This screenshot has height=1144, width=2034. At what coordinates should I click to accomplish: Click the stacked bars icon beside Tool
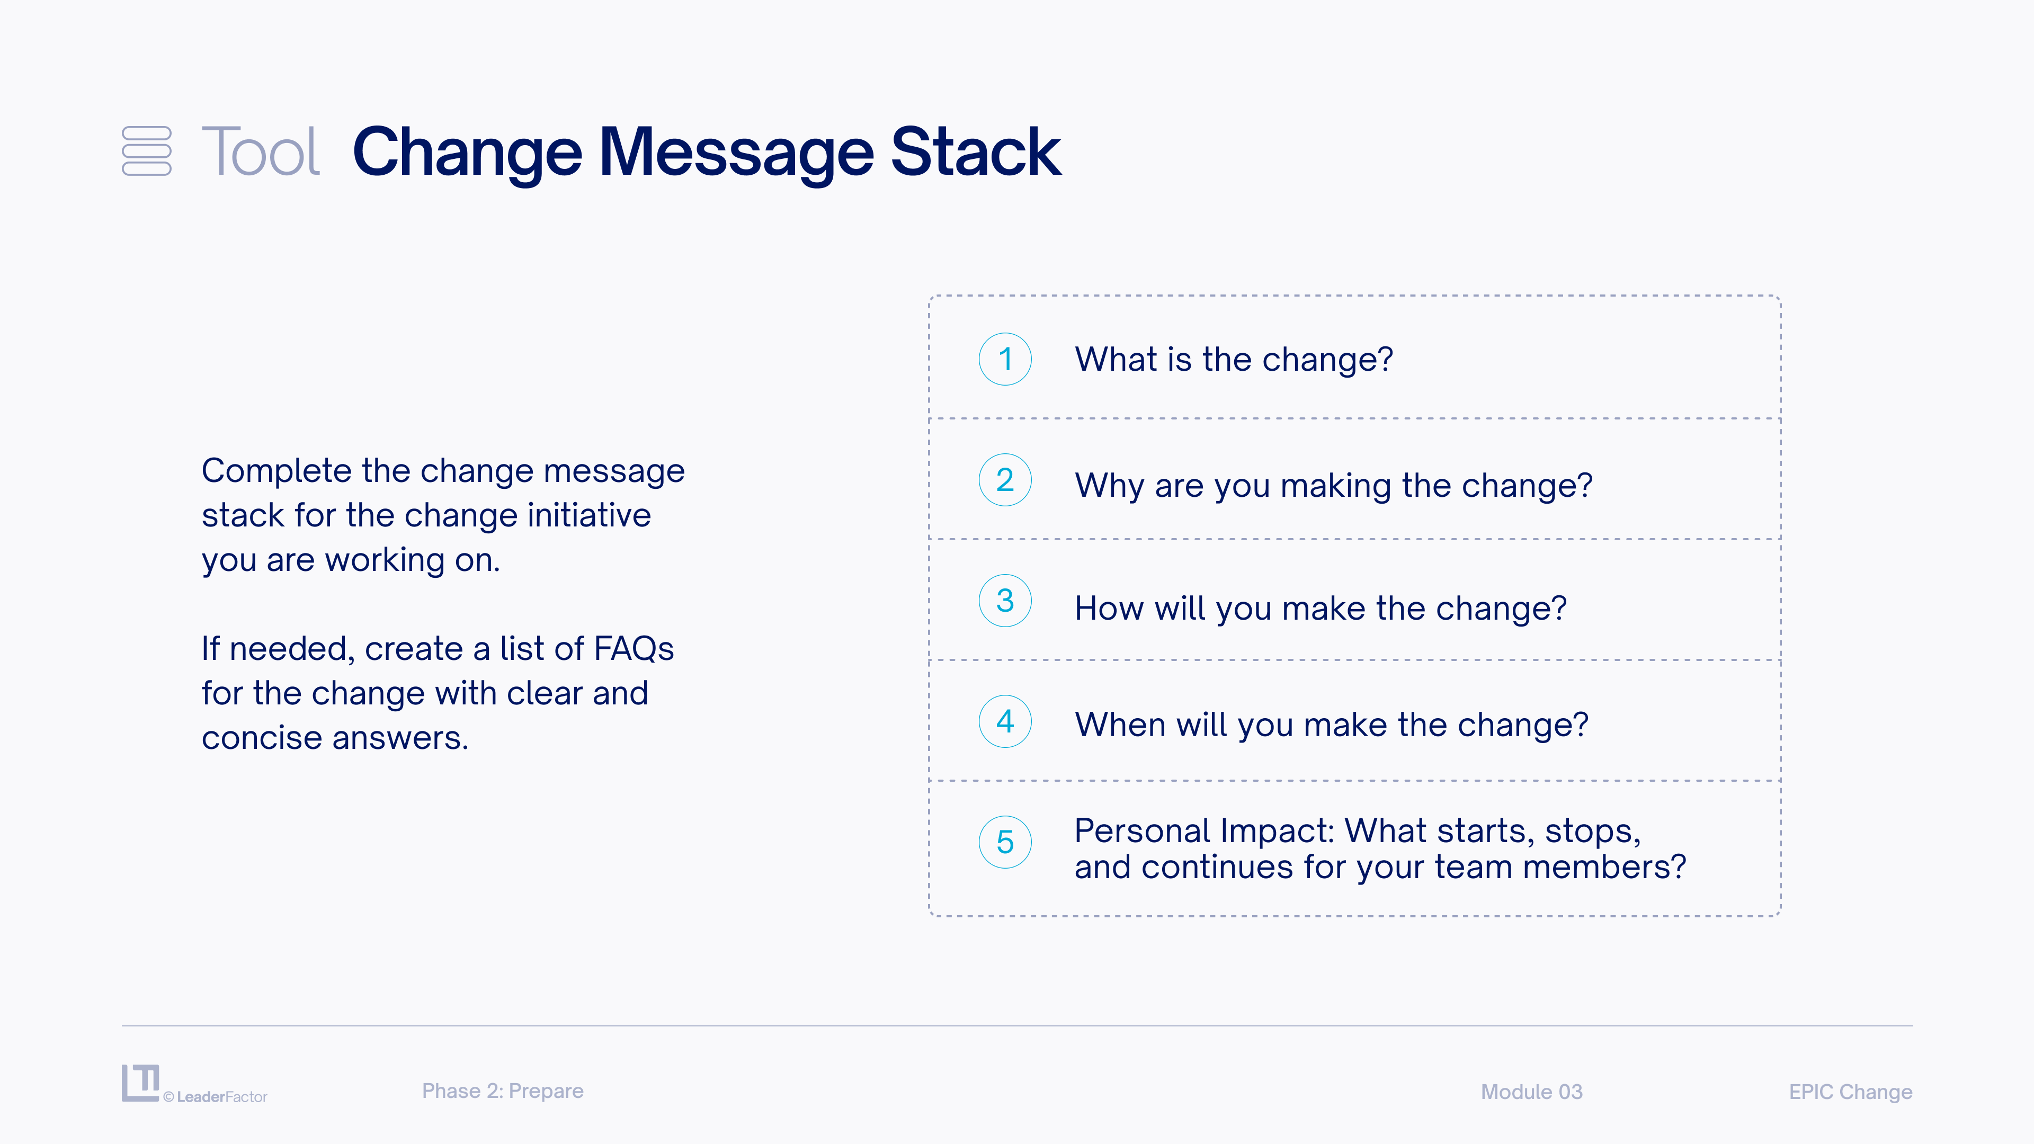tap(147, 151)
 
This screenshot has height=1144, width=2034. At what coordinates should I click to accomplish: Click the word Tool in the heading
tap(261, 151)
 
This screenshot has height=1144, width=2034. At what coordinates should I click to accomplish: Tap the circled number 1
tap(1005, 359)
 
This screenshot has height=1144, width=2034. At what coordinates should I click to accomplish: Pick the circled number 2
tap(1005, 480)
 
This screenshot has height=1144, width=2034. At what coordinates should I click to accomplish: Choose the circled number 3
tap(1005, 601)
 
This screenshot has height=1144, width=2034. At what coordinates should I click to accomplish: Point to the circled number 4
tap(1005, 721)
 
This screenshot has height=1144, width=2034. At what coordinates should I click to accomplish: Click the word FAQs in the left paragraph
tap(634, 648)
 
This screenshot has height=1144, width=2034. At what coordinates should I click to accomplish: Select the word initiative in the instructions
tap(589, 515)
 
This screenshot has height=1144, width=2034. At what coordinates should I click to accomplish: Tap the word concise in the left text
tap(262, 738)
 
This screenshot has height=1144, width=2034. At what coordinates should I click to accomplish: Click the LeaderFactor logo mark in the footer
tap(140, 1083)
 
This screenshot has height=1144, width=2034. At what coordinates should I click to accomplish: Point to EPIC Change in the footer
tap(1851, 1092)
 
